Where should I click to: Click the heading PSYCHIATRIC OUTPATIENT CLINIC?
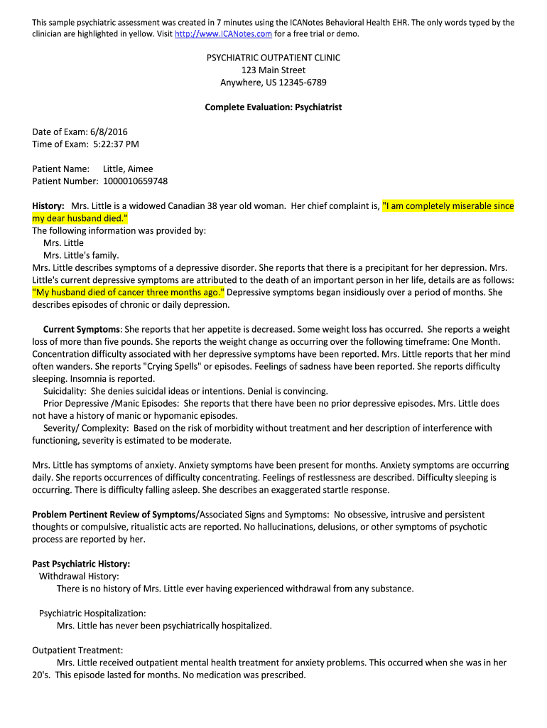(x=273, y=58)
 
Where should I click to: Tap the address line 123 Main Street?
(x=273, y=70)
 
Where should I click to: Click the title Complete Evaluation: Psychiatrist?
(x=273, y=107)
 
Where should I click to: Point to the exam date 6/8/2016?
(x=108, y=132)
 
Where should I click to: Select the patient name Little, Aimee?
(x=128, y=169)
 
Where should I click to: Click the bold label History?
(x=48, y=206)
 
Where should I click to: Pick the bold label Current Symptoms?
(x=81, y=330)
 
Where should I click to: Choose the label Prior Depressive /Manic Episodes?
(x=112, y=404)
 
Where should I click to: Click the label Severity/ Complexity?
(x=86, y=428)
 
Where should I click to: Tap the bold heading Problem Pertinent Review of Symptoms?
(x=114, y=514)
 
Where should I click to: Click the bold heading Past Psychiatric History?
(x=81, y=564)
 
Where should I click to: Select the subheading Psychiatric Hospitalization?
(x=92, y=613)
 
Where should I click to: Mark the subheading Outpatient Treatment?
(x=77, y=650)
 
